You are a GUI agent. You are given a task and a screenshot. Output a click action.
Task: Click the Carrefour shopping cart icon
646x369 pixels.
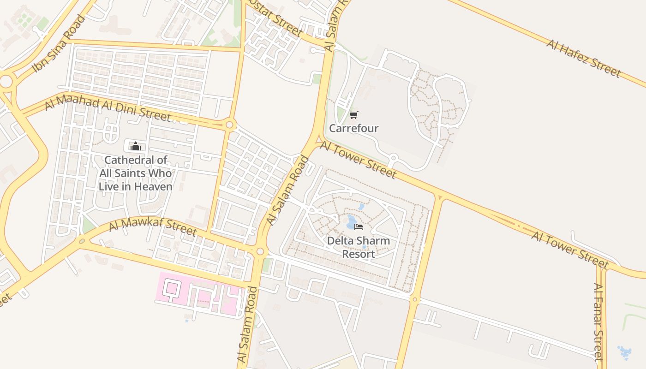[353, 115]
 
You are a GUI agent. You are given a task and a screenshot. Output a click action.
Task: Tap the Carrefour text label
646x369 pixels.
[353, 128]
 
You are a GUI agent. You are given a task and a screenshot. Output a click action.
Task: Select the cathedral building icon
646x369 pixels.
[135, 147]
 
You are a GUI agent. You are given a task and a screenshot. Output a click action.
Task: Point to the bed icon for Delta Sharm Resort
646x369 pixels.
[359, 226]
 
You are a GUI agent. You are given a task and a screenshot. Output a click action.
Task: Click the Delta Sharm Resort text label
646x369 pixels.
[359, 247]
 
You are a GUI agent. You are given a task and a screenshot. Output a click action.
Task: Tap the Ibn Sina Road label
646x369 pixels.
[59, 44]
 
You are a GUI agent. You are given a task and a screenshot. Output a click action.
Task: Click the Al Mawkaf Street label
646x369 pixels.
[153, 227]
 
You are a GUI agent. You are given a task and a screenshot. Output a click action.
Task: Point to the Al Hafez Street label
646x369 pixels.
[584, 58]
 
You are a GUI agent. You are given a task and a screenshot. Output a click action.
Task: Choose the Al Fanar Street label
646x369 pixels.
[598, 321]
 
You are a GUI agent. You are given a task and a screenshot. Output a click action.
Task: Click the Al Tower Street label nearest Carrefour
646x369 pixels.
[358, 160]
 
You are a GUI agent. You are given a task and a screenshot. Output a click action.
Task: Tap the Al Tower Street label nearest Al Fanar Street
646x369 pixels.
[570, 250]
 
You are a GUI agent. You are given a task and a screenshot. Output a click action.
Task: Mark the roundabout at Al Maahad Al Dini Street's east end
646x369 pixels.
[230, 125]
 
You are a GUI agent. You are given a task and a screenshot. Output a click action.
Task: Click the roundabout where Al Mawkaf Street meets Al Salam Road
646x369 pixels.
[260, 251]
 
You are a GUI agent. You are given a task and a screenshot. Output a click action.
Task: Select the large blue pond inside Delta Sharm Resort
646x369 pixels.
[351, 221]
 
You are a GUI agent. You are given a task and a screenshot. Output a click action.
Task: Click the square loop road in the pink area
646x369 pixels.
[171, 289]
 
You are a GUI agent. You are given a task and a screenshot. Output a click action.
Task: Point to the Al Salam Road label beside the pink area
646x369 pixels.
[247, 324]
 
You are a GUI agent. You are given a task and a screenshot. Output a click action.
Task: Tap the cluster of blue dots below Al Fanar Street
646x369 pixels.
[625, 353]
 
